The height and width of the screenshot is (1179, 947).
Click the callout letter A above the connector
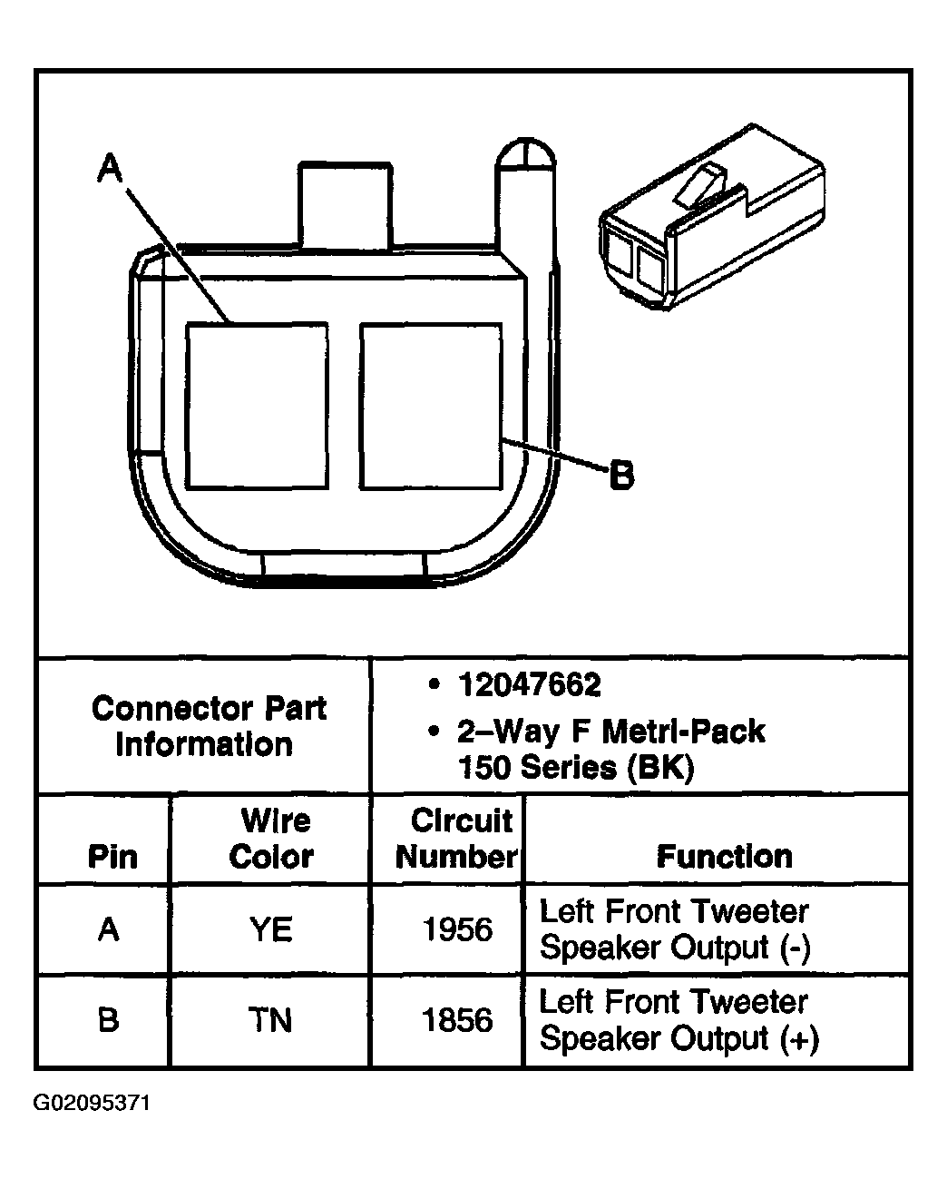coord(109,169)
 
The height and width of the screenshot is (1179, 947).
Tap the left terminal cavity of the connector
coord(256,407)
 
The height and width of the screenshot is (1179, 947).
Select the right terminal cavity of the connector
coord(430,407)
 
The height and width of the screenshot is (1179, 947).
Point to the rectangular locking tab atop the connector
coord(347,204)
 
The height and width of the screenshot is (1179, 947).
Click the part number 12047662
coord(529,684)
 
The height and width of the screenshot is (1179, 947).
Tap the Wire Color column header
coord(271,839)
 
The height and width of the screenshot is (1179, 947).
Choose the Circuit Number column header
coord(457,839)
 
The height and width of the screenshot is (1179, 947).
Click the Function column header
coord(724,856)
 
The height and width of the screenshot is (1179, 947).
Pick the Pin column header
coord(112,856)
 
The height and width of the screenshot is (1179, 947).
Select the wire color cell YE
coord(270,929)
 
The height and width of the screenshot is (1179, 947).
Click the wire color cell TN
coord(270,1020)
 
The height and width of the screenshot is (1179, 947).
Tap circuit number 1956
coord(457,929)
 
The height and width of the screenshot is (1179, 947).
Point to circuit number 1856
coord(457,1020)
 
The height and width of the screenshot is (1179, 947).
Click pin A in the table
coord(109,929)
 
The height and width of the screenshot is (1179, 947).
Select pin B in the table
coord(109,1020)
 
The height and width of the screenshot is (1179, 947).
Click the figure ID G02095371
coord(92,1104)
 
